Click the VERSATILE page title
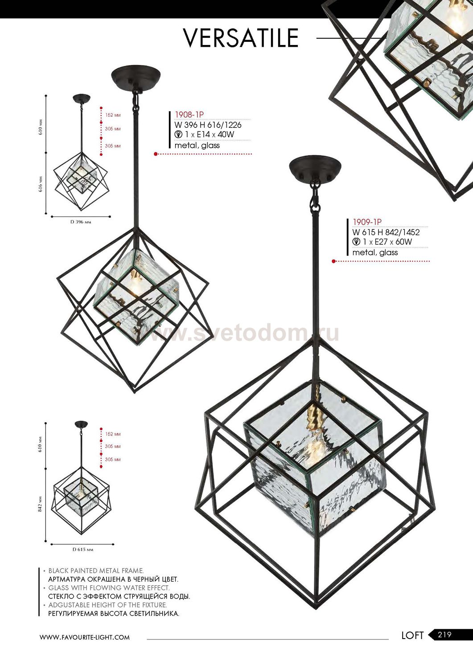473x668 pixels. pos(241,38)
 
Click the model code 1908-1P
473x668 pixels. pos(189,115)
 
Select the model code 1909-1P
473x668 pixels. pos(367,222)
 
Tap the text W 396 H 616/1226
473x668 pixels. pos(208,125)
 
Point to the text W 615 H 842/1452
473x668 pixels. pos(386,232)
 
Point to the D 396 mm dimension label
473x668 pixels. pos(81,222)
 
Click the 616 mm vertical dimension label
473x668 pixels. pos(41,184)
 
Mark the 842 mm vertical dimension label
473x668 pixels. pos(41,504)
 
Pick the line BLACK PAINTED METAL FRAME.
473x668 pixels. pos(96,571)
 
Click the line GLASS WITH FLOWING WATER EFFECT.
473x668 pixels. pos(109,588)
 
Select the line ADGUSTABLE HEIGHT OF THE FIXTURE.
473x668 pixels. pos(107,605)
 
